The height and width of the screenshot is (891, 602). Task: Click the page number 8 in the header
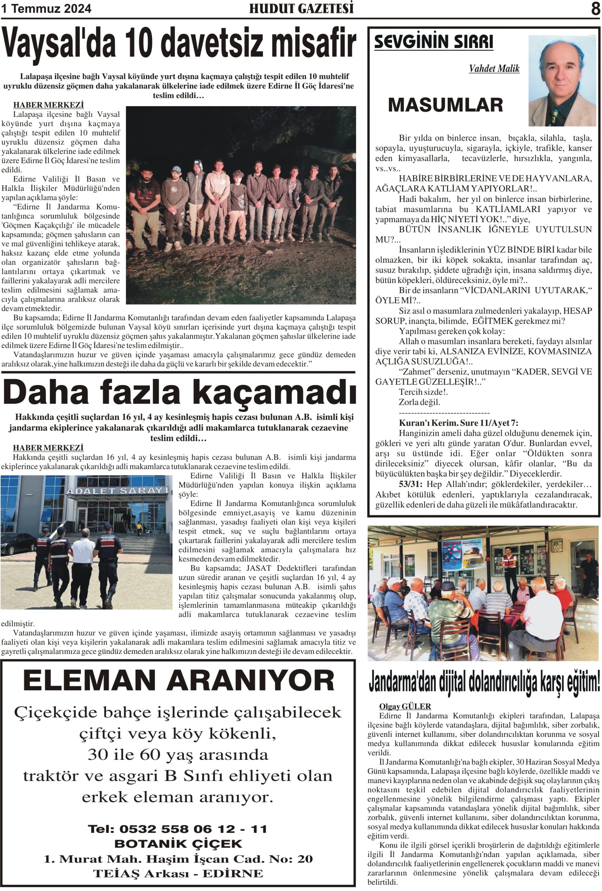click(595, 8)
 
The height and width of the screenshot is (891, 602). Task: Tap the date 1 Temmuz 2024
click(46, 8)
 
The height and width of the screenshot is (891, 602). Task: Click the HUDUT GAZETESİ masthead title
click(301, 8)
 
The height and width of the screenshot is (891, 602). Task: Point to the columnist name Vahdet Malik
click(494, 69)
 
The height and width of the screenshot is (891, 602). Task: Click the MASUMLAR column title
click(445, 105)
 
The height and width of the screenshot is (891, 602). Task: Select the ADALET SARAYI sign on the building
click(117, 491)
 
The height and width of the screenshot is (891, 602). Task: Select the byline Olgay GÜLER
click(405, 706)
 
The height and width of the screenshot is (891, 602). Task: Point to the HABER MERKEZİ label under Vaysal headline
click(48, 105)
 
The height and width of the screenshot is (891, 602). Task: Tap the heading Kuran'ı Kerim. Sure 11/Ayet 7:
click(458, 423)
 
